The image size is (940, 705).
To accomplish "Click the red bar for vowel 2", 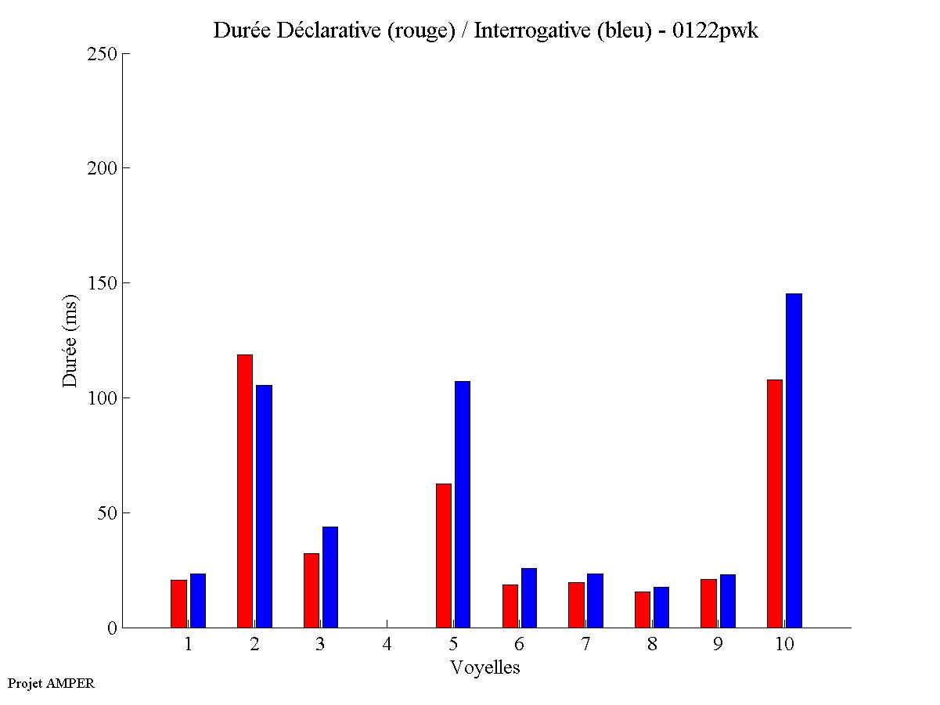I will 244,491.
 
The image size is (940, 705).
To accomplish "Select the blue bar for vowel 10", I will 794,461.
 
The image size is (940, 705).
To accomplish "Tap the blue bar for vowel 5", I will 463,505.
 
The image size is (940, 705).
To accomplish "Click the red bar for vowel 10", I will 775,504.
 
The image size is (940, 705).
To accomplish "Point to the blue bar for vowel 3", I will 330,577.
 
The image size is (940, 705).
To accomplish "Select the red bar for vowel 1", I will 178,603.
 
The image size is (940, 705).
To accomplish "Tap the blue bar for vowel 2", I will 264,506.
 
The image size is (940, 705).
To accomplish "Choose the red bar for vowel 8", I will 643,610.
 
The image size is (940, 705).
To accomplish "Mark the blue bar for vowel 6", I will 529,598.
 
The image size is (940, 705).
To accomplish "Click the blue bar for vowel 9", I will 728,601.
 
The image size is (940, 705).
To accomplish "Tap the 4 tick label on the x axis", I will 387,644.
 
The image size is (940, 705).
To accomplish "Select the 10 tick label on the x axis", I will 784,644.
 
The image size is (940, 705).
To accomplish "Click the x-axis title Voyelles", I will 485,667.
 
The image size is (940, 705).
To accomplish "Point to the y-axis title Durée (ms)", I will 70,340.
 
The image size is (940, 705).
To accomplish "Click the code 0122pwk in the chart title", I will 715,31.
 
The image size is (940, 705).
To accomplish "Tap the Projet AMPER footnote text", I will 51,683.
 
